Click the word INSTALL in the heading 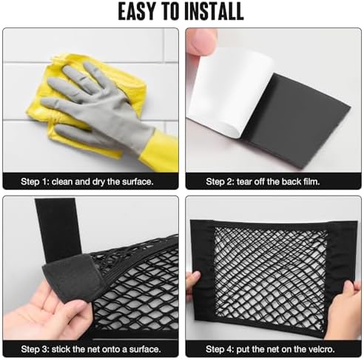214,12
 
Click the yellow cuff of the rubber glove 161,150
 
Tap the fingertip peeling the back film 202,42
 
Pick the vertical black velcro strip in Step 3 58,230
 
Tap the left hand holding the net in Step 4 193,287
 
